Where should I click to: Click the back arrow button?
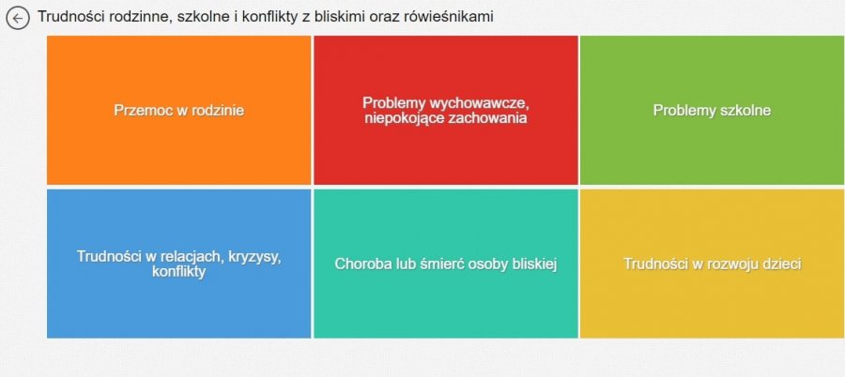tap(18, 19)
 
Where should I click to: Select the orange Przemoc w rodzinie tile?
tap(179, 111)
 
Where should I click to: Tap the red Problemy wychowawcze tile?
tap(446, 111)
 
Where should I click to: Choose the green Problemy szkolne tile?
tap(712, 111)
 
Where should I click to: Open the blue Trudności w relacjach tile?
tap(179, 264)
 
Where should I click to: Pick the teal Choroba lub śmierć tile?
tap(446, 264)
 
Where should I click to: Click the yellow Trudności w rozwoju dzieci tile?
tap(712, 264)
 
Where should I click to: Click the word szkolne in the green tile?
tap(745, 111)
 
